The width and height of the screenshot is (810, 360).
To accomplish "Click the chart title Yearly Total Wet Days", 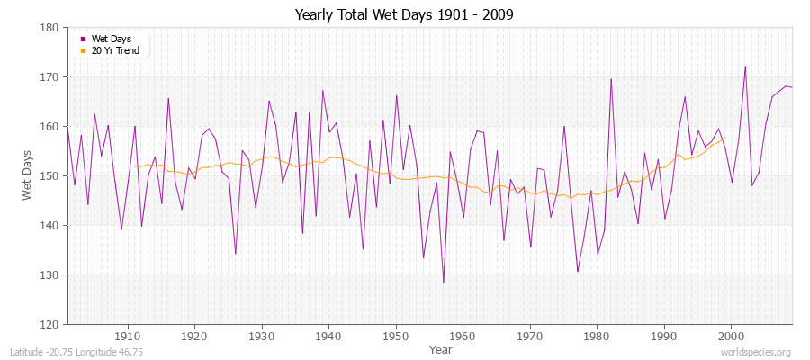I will click(x=405, y=15).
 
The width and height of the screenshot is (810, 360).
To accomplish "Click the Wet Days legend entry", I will click(x=111, y=39).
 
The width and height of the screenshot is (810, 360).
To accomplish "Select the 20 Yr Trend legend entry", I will click(x=115, y=50).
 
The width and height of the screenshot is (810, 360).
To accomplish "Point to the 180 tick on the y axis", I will click(x=52, y=28).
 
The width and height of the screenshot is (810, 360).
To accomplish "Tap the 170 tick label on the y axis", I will click(x=52, y=77).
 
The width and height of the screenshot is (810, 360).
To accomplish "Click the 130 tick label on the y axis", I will click(x=52, y=275).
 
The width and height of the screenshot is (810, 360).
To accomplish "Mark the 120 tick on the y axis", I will click(x=52, y=324).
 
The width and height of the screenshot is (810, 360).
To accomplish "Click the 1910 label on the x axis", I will click(x=127, y=336).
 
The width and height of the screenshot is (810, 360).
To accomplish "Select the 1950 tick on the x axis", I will click(x=396, y=336).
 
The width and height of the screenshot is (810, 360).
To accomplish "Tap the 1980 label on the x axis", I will click(x=598, y=336).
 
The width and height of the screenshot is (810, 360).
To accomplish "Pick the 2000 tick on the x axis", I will click(x=732, y=336).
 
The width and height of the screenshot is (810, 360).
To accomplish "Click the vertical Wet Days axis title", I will click(x=27, y=175).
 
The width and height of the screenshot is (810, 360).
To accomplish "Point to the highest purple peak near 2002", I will click(x=745, y=67).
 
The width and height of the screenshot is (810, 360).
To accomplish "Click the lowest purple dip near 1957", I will click(x=443, y=282).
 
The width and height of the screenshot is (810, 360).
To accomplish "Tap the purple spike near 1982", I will click(x=611, y=79).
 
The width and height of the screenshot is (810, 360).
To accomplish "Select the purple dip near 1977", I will click(x=578, y=271).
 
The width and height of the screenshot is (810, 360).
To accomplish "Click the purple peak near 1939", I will click(x=322, y=91).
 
